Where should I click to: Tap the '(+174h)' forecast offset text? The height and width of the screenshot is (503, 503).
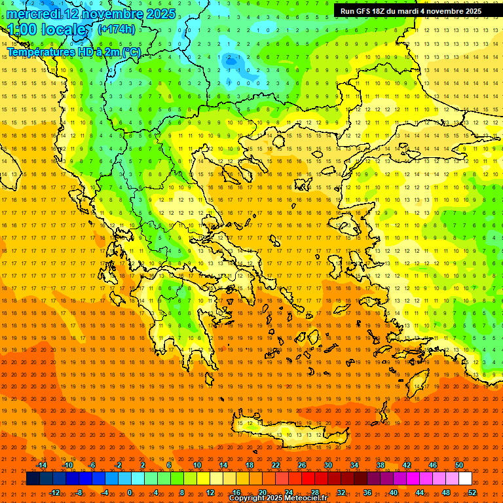[x=116, y=29]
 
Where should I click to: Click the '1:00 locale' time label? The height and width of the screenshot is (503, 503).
[x=47, y=29]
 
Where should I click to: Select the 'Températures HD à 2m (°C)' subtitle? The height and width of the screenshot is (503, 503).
[x=73, y=52]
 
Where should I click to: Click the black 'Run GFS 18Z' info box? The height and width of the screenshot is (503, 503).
[x=411, y=11]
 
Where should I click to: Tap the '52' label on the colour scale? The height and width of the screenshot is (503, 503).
[x=472, y=493]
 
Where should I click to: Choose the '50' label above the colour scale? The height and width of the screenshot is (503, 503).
[x=459, y=465]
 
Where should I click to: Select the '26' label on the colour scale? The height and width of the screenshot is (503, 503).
[x=302, y=465]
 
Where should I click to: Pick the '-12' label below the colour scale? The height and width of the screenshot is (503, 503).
[x=54, y=493]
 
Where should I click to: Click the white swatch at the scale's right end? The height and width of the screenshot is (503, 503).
[x=465, y=479]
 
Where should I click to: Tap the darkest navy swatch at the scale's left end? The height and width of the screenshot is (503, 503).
[x=33, y=479]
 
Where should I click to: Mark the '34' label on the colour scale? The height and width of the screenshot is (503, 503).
[x=354, y=465]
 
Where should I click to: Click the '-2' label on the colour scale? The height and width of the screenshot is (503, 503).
[x=119, y=465]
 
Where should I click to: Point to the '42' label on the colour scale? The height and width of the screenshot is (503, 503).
[x=407, y=465]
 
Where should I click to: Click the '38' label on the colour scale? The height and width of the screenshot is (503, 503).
[x=381, y=465]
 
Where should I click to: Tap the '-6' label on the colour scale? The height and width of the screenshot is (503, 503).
[x=92, y=465]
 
